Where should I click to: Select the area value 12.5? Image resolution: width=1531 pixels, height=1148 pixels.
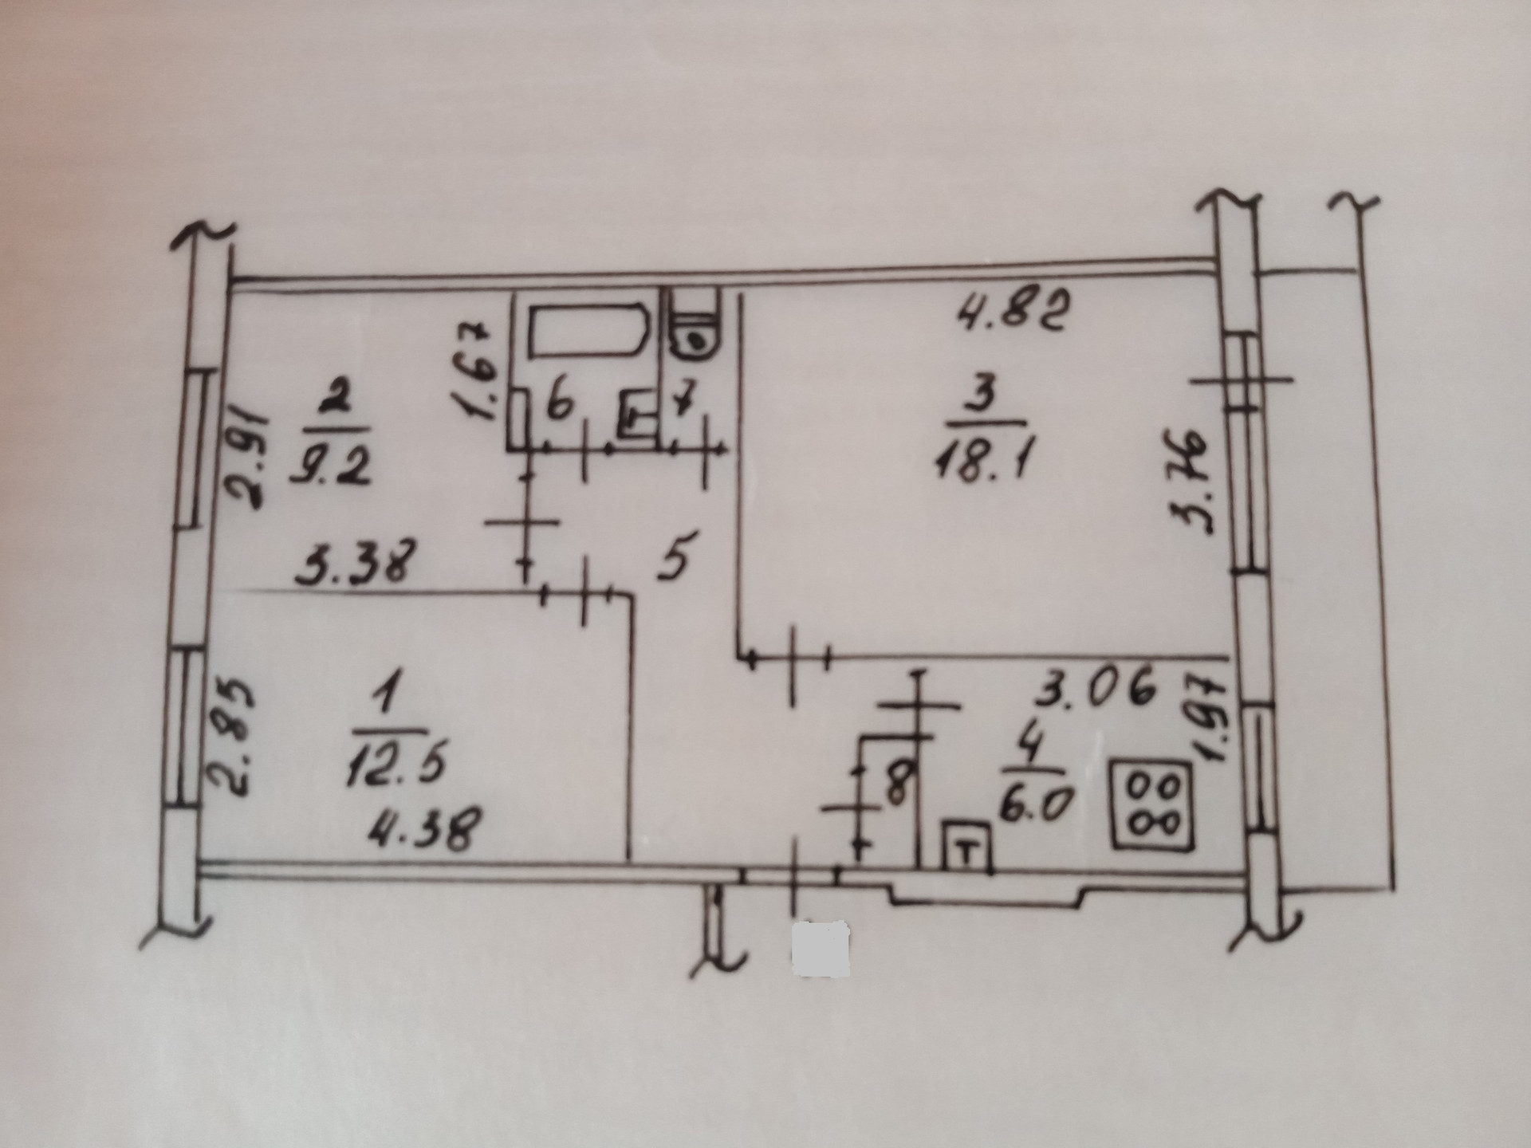(396, 766)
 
